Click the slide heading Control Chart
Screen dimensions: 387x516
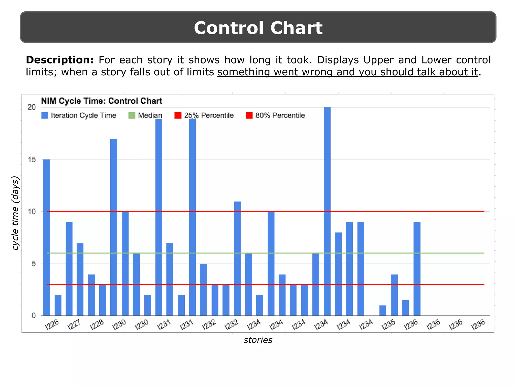(x=258, y=28)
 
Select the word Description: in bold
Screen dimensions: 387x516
(x=60, y=60)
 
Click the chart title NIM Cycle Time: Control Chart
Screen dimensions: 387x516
(x=102, y=101)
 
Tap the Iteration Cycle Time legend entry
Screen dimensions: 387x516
(x=79, y=115)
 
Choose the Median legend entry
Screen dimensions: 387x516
(x=145, y=115)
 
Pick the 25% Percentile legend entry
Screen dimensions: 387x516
(x=204, y=115)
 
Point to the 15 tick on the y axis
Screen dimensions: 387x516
(x=32, y=159)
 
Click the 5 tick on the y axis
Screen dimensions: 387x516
(x=34, y=264)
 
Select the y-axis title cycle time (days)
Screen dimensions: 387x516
(x=16, y=213)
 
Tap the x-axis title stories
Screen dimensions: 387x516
(x=258, y=340)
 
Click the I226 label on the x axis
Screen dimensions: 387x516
(x=52, y=324)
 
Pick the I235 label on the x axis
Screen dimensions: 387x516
(x=388, y=324)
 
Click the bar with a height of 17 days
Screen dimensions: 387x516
(x=114, y=227)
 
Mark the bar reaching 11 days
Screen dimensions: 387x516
(x=237, y=258)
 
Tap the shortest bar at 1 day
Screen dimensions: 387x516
(x=383, y=311)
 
